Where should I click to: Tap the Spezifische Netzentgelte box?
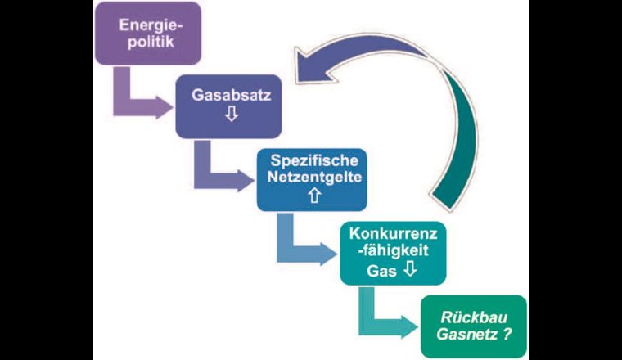(x=311, y=180)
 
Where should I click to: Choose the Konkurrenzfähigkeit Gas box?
(x=393, y=254)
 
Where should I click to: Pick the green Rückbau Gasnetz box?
(x=474, y=326)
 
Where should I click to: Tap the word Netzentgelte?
(x=311, y=177)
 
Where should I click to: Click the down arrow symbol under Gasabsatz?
(x=231, y=115)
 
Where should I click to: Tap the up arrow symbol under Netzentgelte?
(x=312, y=196)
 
